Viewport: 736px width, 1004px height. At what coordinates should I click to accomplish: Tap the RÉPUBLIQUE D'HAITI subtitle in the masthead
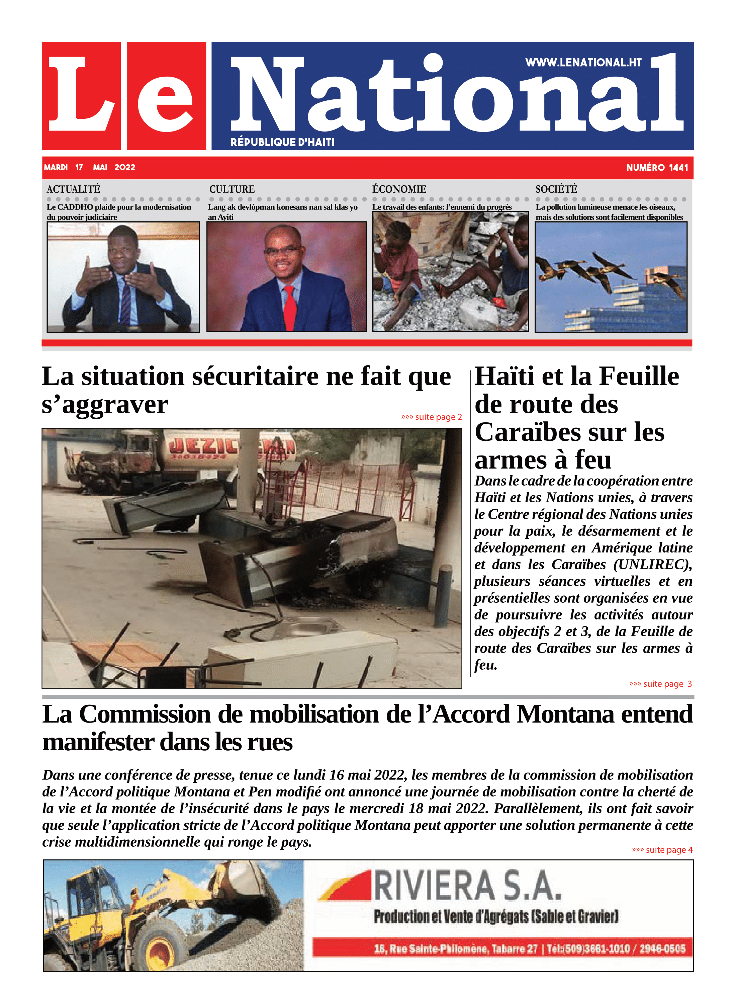pyautogui.click(x=282, y=142)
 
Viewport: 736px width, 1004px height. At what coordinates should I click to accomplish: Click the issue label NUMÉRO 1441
pyautogui.click(x=657, y=168)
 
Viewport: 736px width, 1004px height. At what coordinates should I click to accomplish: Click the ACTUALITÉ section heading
pyautogui.click(x=74, y=189)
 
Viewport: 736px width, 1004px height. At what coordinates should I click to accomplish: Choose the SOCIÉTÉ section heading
pyautogui.click(x=556, y=189)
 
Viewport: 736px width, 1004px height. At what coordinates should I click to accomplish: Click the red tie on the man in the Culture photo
pyautogui.click(x=290, y=308)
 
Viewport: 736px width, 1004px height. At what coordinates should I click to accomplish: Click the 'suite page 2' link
pyautogui.click(x=431, y=417)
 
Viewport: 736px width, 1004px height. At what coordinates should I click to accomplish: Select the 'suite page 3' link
pyautogui.click(x=660, y=684)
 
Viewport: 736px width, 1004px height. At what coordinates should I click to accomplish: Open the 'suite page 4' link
pyautogui.click(x=662, y=850)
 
